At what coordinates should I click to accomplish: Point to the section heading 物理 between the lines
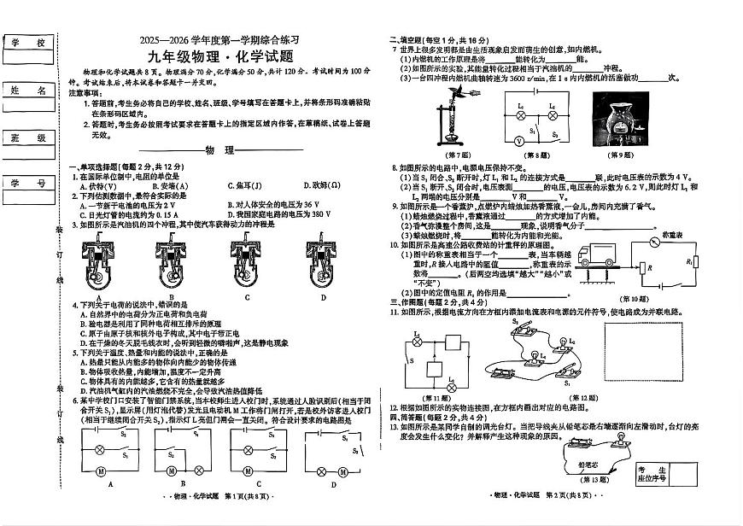[x=219, y=150]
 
